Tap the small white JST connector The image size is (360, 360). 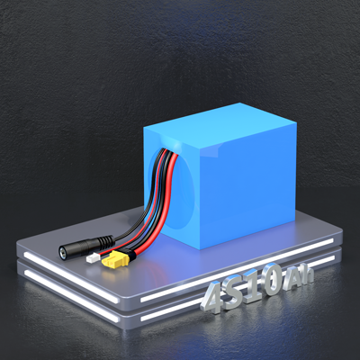pos(92,258)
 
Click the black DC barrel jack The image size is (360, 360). pos(86,245)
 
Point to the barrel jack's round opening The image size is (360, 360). pos(63,252)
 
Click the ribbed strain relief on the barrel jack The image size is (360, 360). pos(106,240)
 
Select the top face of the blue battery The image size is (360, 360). pos(220,124)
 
